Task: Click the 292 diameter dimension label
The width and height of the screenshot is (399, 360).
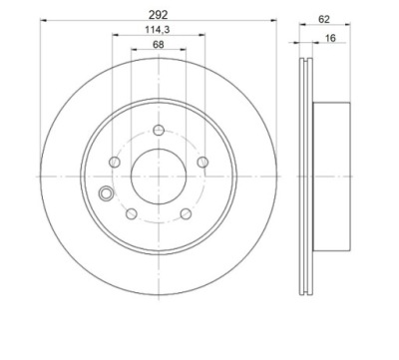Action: pyautogui.click(x=159, y=15)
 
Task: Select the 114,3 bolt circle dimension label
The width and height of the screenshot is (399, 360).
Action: pyautogui.click(x=158, y=30)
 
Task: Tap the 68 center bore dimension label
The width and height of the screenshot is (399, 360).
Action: pyautogui.click(x=159, y=44)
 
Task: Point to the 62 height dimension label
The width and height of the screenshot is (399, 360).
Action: pyautogui.click(x=324, y=20)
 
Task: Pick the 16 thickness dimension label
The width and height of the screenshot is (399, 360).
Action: pyautogui.click(x=330, y=38)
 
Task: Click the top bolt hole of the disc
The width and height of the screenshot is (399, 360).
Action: pyautogui.click(x=159, y=130)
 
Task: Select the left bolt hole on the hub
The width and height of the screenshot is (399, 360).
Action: pyautogui.click(x=115, y=163)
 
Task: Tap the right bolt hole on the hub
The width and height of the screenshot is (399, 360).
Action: pyautogui.click(x=202, y=163)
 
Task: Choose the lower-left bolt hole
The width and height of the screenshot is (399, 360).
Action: pyautogui.click(x=132, y=213)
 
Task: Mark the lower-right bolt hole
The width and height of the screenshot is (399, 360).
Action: pyautogui.click(x=186, y=213)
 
